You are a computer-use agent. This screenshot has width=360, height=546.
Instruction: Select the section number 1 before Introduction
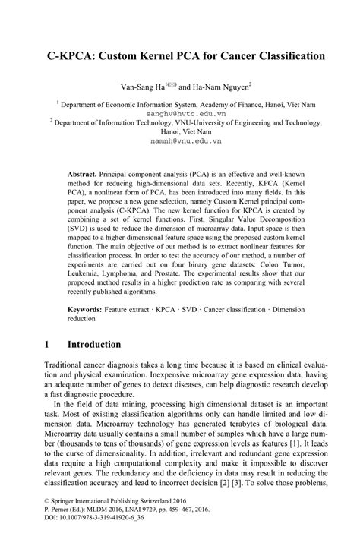pos(47,344)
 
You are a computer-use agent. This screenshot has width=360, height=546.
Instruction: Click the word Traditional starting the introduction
pos(67,365)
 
